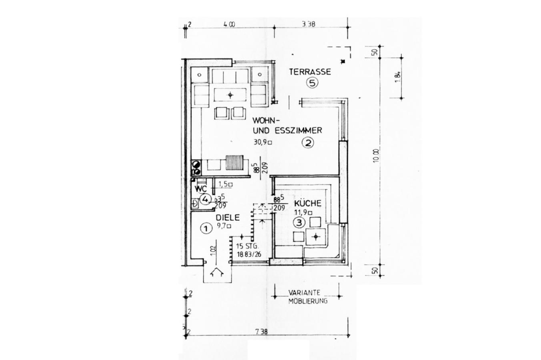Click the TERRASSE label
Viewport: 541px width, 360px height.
pos(310,72)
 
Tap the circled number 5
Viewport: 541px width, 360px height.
pos(312,83)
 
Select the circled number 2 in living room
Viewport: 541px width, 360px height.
pos(307,142)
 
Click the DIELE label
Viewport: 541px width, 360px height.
pos(228,218)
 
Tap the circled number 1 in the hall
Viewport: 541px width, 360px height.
pos(205,228)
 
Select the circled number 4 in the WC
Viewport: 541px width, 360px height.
pos(205,199)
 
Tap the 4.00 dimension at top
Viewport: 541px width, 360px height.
pos(229,24)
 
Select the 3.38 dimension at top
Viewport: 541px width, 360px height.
pos(309,24)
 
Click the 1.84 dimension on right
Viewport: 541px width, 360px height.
pos(397,76)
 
